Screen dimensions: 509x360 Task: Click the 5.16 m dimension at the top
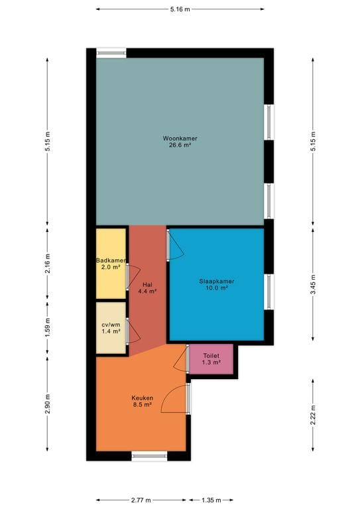point(180,9)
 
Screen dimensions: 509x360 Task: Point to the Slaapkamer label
point(217,281)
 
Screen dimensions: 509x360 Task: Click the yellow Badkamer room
point(111,263)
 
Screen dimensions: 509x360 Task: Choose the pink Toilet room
point(212,359)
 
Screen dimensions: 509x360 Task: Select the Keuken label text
point(142,398)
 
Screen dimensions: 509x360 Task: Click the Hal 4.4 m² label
point(147,287)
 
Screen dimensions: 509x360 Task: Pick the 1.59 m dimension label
point(48,327)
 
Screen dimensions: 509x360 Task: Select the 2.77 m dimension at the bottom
point(141,500)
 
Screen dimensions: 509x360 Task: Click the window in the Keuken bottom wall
point(149,455)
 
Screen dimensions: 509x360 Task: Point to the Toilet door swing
point(180,360)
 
